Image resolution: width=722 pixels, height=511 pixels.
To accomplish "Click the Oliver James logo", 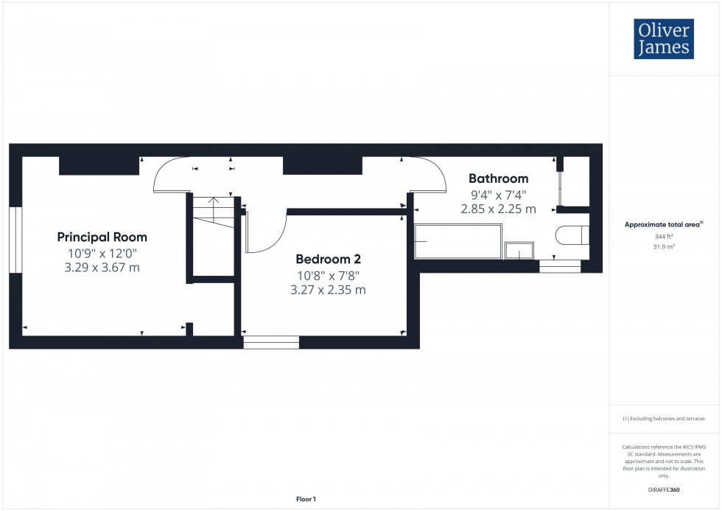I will (663, 39).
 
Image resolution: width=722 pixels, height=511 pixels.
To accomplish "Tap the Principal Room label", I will (102, 237).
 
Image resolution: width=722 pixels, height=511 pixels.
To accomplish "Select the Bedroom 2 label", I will (328, 259).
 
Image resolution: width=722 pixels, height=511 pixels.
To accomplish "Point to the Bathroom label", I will (499, 178).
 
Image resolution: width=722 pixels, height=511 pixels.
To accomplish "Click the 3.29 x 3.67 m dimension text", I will (102, 267).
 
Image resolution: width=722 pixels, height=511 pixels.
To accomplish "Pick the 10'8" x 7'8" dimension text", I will (328, 276).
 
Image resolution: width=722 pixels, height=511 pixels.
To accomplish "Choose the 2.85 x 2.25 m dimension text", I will (499, 209).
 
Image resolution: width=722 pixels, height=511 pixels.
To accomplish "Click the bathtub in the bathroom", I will (458, 241).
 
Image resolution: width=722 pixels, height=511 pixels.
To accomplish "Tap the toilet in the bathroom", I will (572, 235).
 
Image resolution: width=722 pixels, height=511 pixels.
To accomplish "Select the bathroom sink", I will (521, 251).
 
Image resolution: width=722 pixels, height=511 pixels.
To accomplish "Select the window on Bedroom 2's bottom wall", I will (271, 341).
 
